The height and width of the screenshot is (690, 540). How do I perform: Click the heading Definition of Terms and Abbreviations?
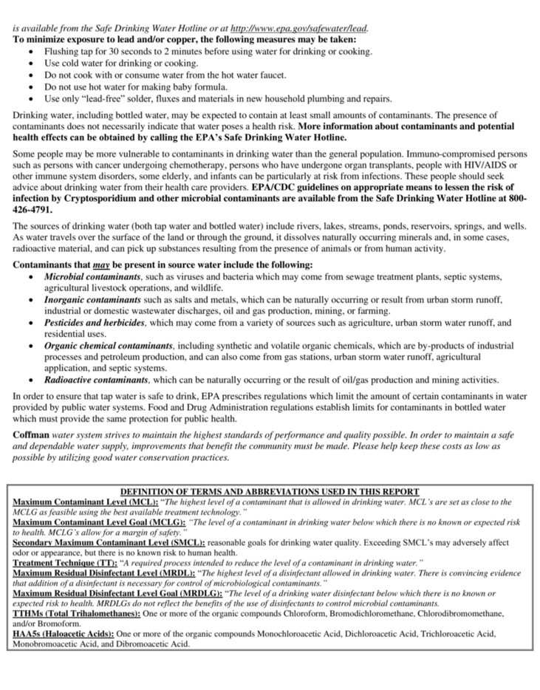[x=270, y=492]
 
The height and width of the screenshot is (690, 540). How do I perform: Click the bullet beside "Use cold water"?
[x=30, y=64]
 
